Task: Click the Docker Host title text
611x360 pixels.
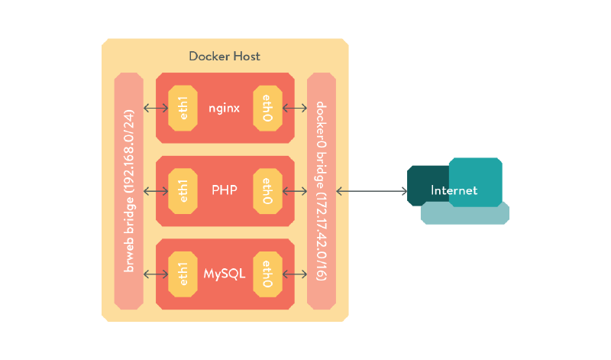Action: pos(225,57)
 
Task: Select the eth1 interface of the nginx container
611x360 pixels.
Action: pos(182,108)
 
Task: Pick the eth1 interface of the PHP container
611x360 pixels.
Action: pos(182,190)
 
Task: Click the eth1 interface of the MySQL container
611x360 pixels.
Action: pos(182,273)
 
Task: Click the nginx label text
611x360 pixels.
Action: pos(225,108)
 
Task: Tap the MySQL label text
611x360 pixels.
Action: pos(225,273)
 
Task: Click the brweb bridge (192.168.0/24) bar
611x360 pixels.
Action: pos(128,190)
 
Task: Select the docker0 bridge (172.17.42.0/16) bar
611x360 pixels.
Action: pos(321,190)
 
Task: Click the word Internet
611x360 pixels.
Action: pos(454,190)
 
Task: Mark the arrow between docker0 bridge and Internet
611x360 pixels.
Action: pos(371,190)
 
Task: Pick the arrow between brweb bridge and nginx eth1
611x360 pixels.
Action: pos(156,108)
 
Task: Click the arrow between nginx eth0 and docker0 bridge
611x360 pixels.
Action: pos(294,108)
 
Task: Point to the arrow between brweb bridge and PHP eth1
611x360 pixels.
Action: pos(156,190)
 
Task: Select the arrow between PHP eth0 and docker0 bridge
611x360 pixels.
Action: pos(294,190)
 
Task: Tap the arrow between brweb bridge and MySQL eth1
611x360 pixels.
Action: pos(156,273)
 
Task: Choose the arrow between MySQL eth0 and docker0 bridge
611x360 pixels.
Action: pos(294,273)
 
